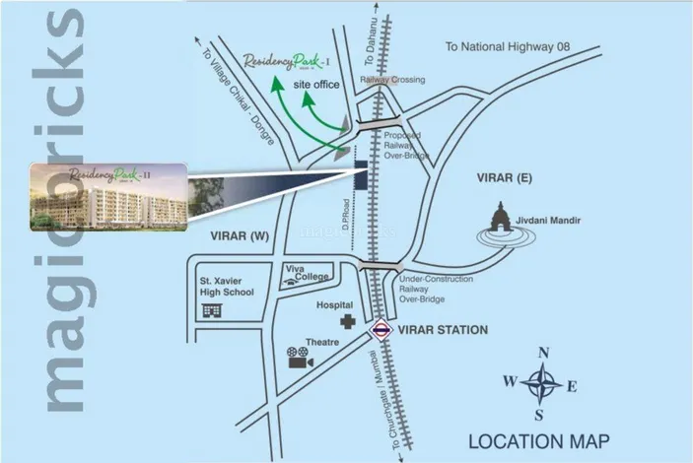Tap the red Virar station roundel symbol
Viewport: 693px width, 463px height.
(381, 331)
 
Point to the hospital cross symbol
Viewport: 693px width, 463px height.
(347, 322)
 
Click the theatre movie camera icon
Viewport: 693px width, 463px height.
(298, 358)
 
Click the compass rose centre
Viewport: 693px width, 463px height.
(541, 382)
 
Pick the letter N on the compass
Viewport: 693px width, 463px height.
(541, 353)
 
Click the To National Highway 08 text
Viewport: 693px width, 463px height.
(521, 46)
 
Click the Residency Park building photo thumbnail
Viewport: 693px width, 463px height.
(105, 197)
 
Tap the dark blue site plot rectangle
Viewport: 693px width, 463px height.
(361, 174)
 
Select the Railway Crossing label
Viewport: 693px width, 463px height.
(392, 80)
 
